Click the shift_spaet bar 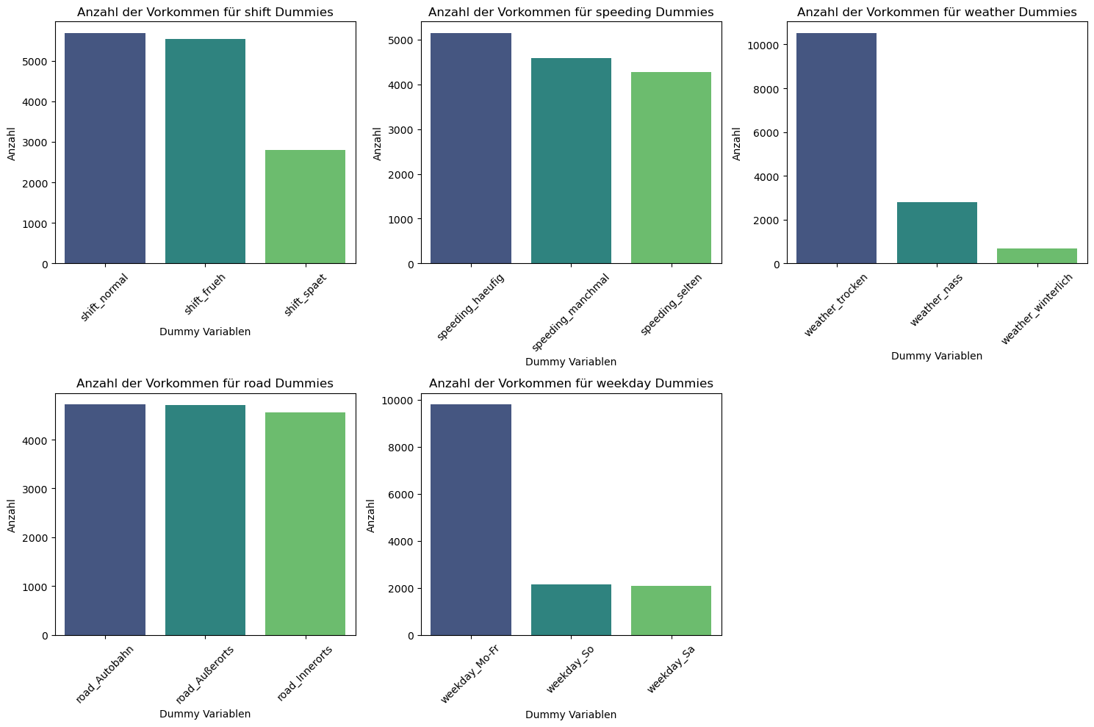pos(305,207)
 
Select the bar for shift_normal pos(105,148)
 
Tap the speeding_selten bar pos(671,168)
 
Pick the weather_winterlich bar pos(1037,256)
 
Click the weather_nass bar pos(937,232)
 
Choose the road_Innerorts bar pos(305,523)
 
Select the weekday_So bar pos(571,609)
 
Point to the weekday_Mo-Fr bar pos(471,520)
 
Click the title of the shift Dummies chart pos(205,12)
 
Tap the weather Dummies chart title pos(937,12)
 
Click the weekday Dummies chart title pos(571,384)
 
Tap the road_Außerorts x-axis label pos(206,675)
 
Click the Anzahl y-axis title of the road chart pos(12,515)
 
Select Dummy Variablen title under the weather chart pos(937,356)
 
